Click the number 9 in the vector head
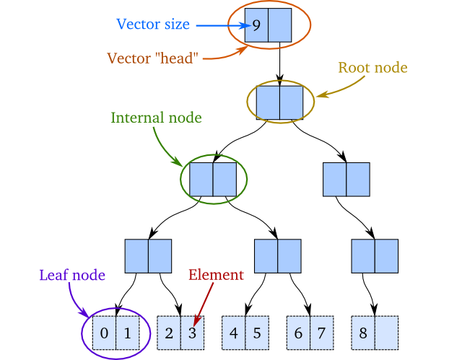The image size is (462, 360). coord(256,25)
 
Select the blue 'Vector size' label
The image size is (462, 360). coord(153,25)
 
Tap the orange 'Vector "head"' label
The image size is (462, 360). coord(152,58)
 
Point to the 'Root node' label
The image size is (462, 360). coord(372,68)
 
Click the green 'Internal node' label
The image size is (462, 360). coord(156,117)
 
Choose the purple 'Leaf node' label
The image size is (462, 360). coord(72,275)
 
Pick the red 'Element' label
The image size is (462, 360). coord(216,275)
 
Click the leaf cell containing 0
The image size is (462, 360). coord(104,333)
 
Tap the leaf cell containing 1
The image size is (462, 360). coord(127,333)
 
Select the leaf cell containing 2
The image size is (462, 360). coord(169,333)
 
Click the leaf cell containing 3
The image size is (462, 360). coord(192,333)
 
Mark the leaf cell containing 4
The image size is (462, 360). coord(234,333)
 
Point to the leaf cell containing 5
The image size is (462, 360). coord(256,333)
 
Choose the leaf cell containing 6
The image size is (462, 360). coord(299,333)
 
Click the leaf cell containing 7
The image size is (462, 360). coord(321,333)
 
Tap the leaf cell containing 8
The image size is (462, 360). coord(363,333)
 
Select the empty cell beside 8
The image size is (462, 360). coord(386,333)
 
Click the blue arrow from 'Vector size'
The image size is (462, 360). coord(220,26)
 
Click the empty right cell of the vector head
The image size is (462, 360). coord(279,25)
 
